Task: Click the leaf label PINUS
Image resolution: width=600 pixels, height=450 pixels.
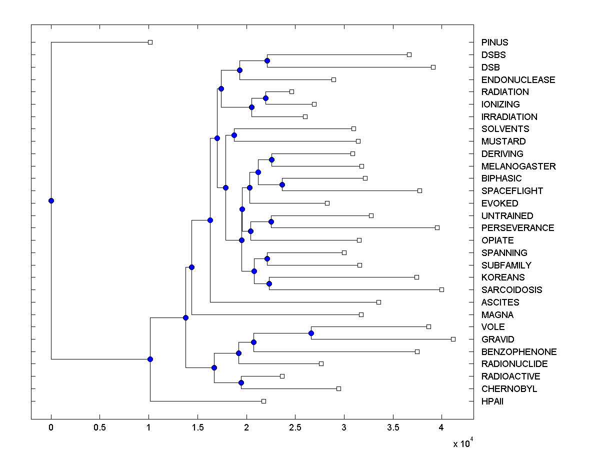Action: tap(495, 42)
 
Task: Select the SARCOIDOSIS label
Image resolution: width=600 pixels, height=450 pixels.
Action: tap(511, 290)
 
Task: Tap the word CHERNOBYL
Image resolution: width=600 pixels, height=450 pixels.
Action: tap(509, 389)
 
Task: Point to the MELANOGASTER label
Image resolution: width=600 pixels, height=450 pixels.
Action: tap(518, 166)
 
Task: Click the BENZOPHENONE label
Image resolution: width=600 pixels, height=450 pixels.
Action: tap(518, 352)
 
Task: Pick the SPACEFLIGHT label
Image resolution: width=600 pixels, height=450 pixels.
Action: tap(512, 191)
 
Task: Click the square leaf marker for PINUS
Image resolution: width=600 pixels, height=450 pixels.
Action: tap(150, 42)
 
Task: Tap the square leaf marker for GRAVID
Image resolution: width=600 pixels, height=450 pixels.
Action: tap(453, 339)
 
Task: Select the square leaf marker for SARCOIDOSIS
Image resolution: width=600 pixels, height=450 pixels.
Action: tap(441, 289)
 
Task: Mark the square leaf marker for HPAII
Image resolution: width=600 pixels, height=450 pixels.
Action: tap(263, 401)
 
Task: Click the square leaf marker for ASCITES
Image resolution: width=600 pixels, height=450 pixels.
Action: tap(378, 302)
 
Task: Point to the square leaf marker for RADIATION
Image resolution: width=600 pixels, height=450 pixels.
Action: tap(291, 91)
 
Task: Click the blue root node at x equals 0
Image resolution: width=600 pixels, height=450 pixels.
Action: tap(51, 200)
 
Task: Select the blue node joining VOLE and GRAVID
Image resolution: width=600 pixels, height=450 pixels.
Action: tap(311, 333)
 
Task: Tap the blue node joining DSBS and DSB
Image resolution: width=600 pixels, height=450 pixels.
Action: tap(267, 60)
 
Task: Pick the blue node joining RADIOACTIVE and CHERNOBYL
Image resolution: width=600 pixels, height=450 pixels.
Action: tap(241, 382)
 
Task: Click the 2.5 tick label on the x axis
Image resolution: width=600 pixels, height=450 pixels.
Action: tap(295, 427)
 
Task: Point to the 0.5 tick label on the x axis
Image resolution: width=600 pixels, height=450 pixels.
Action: tap(99, 427)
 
